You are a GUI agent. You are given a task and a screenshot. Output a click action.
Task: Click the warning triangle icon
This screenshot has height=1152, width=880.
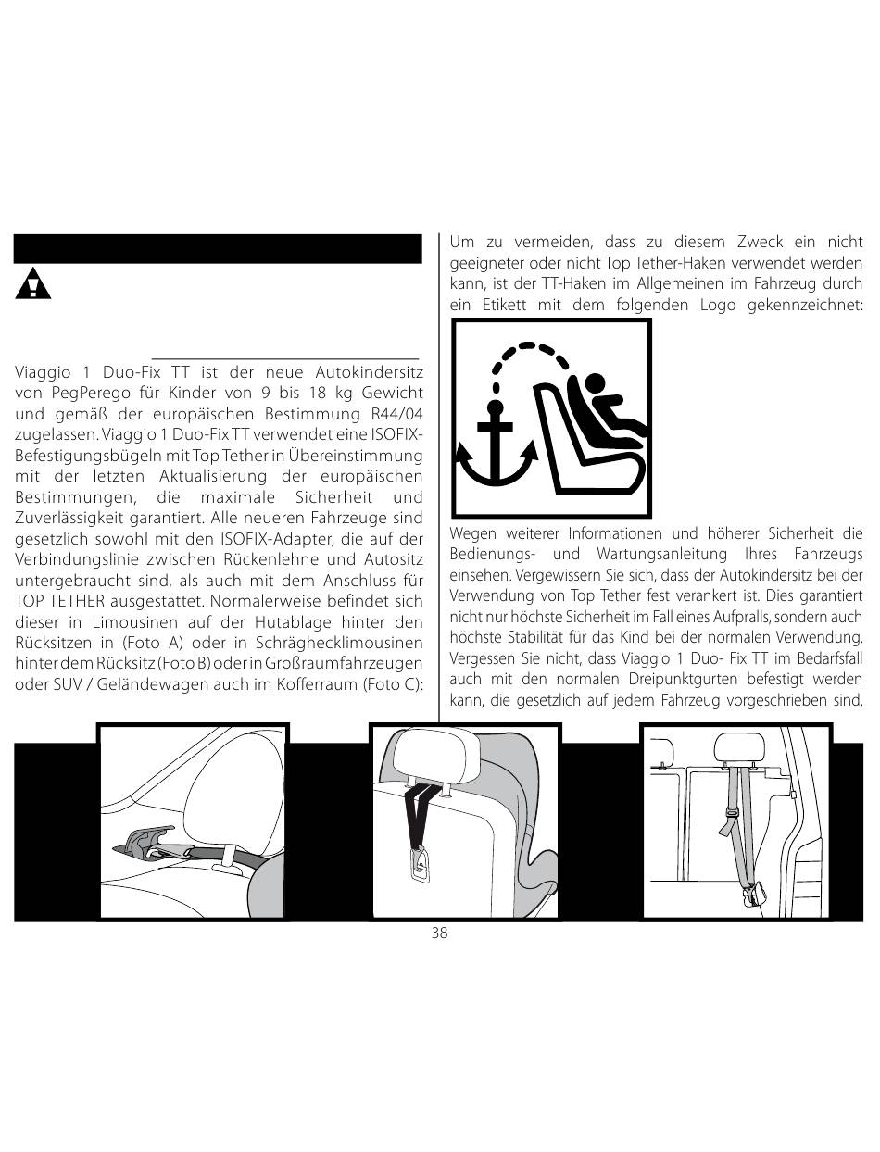[32, 283]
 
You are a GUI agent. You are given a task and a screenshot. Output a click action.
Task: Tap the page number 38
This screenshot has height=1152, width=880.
[440, 933]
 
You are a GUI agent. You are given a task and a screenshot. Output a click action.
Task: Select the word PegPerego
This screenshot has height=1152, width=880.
[83, 393]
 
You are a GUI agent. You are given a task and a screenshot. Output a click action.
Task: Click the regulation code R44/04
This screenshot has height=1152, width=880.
[396, 414]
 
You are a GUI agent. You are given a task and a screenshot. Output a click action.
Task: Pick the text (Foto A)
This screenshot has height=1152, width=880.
[152, 643]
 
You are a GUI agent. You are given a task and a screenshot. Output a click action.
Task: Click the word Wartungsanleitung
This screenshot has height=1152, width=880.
[661, 554]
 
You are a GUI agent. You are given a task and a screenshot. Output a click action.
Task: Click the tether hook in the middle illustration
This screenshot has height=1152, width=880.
[420, 866]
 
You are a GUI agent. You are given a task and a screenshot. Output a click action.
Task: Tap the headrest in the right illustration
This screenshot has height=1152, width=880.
[737, 749]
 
